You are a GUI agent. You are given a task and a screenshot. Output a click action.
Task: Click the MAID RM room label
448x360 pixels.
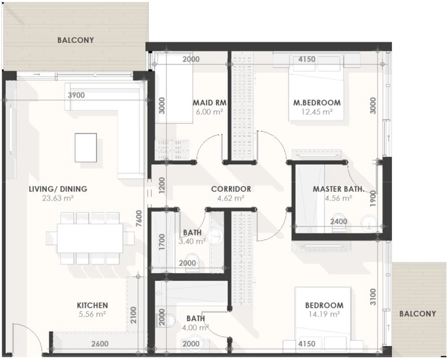pyautogui.click(x=210, y=103)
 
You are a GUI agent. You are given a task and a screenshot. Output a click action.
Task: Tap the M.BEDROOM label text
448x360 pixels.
pyautogui.click(x=317, y=103)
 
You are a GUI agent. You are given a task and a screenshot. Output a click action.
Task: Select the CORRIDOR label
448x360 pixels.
pyautogui.click(x=231, y=189)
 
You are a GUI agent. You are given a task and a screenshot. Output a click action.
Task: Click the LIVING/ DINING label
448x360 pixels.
pyautogui.click(x=58, y=189)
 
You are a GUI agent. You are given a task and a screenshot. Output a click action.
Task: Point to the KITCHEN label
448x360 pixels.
pyautogui.click(x=92, y=305)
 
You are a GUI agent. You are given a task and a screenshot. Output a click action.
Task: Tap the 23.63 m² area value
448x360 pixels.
pyautogui.click(x=58, y=198)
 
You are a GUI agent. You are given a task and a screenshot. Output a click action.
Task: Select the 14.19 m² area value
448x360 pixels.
pyautogui.click(x=324, y=314)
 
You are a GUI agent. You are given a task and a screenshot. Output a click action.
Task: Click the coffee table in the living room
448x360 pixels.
pyautogui.click(x=86, y=147)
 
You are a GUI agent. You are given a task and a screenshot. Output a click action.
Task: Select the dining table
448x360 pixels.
pyautogui.click(x=90, y=238)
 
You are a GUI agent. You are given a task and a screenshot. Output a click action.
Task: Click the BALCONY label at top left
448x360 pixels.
pyautogui.click(x=76, y=40)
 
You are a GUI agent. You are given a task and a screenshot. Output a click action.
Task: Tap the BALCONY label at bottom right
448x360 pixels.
pyautogui.click(x=417, y=313)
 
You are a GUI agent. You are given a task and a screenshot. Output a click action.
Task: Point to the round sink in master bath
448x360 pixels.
pyautogui.click(x=369, y=222)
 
